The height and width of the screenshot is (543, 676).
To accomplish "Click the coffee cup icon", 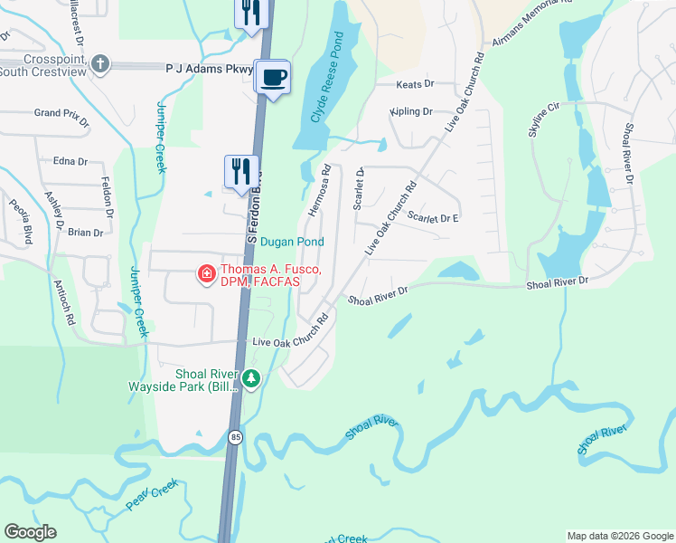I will point(272,76).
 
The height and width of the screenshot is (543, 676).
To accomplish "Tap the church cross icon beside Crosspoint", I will point(99,63).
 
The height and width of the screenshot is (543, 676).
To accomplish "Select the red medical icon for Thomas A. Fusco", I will point(206,272).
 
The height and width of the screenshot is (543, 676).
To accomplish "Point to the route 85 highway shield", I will point(235,437).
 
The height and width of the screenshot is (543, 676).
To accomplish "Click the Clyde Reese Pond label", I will point(326,79).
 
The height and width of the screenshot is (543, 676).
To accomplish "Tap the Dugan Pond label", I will point(292,242).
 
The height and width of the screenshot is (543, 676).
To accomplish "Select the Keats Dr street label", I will point(416,84).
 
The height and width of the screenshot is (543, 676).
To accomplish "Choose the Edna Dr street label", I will point(70,162).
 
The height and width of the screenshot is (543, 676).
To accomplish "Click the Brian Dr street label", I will point(86,233).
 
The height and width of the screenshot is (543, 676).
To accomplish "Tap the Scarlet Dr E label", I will point(434,218).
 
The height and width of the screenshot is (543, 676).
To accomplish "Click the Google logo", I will point(30,532).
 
